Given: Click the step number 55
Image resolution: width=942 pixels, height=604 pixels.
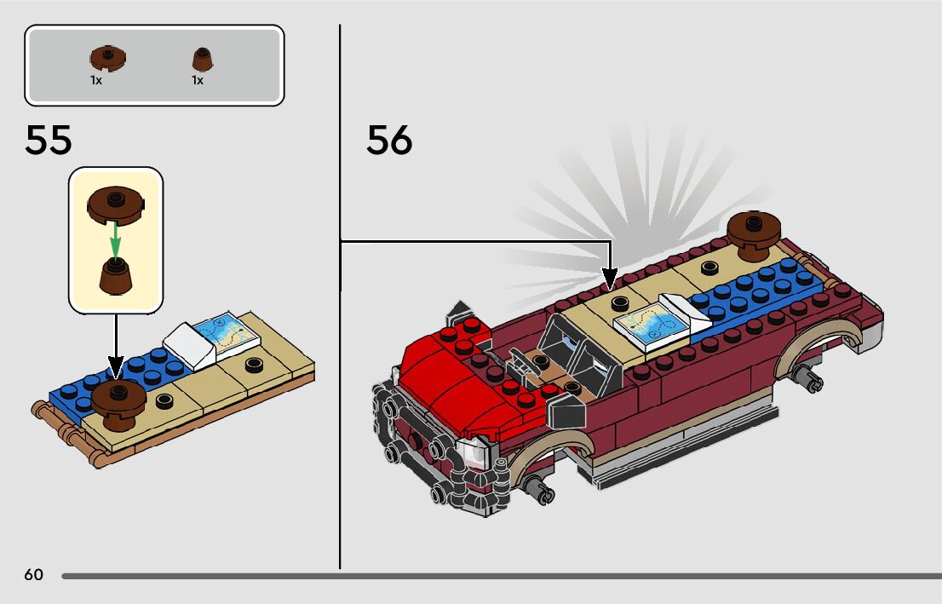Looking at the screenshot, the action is coord(49,141).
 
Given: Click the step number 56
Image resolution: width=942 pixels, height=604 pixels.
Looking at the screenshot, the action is coord(389,141).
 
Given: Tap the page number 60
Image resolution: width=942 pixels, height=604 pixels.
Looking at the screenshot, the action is coord(33,575).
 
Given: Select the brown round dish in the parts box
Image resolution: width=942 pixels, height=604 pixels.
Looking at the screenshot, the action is coord(107,59).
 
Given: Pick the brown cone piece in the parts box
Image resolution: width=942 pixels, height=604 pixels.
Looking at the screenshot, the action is coord(201,59).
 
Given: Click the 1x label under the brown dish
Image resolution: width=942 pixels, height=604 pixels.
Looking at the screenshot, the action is coord(96,80).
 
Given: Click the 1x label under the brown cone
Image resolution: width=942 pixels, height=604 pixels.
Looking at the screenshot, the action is coord(197,80).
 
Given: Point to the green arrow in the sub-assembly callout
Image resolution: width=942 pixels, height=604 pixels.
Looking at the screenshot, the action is coord(116,235).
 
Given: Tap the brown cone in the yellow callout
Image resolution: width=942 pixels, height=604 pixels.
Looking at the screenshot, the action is coord(114,275).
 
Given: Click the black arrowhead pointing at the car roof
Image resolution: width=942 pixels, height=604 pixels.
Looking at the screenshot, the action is coord(610,279).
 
